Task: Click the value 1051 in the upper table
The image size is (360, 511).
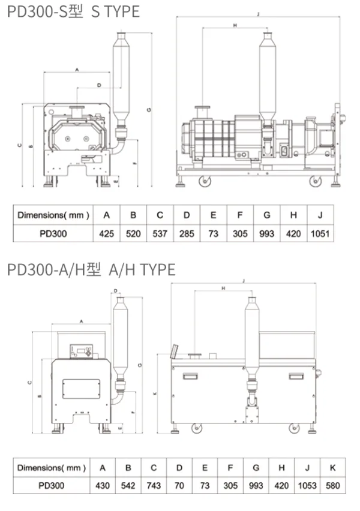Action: pyautogui.click(x=321, y=233)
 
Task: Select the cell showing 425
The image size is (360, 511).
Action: pyautogui.click(x=106, y=233)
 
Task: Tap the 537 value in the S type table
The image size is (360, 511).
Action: pyautogui.click(x=160, y=233)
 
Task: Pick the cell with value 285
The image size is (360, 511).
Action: pyautogui.click(x=187, y=233)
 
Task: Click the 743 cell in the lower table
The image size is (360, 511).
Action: pyautogui.click(x=154, y=485)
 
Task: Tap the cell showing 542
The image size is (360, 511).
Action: pyautogui.click(x=128, y=485)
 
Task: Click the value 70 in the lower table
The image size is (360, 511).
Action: pyautogui.click(x=179, y=485)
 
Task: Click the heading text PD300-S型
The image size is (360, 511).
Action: pyautogui.click(x=45, y=11)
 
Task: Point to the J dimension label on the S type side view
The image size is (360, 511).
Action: pyautogui.click(x=259, y=13)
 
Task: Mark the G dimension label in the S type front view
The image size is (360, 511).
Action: pyautogui.click(x=148, y=109)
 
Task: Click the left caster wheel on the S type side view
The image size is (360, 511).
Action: pyautogui.click(x=205, y=179)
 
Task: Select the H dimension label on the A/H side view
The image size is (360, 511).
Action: pyautogui.click(x=223, y=288)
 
